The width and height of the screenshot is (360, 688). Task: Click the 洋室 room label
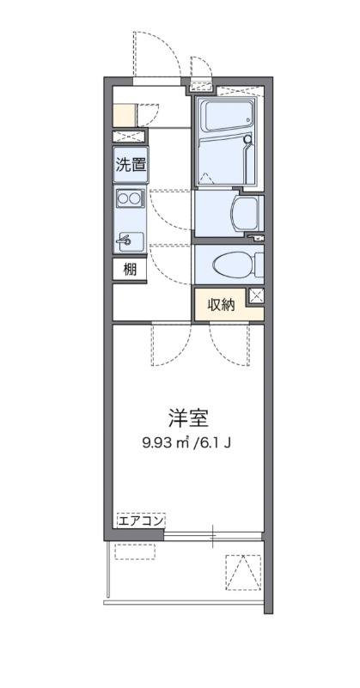point(189,418)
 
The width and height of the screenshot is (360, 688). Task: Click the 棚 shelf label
point(129,269)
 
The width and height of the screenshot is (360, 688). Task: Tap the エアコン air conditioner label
point(141,520)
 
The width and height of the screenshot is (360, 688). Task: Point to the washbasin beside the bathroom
point(247,210)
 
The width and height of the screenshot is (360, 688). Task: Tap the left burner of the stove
point(123,199)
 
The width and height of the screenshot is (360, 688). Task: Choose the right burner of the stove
point(136,199)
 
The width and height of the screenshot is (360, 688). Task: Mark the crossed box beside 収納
point(255,297)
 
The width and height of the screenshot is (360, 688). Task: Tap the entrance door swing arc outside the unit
point(159,56)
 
